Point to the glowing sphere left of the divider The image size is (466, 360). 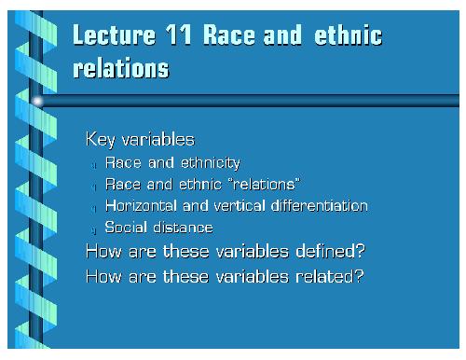(38, 99)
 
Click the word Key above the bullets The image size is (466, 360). (100, 140)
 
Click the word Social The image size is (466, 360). (123, 227)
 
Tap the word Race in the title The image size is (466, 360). (234, 37)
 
